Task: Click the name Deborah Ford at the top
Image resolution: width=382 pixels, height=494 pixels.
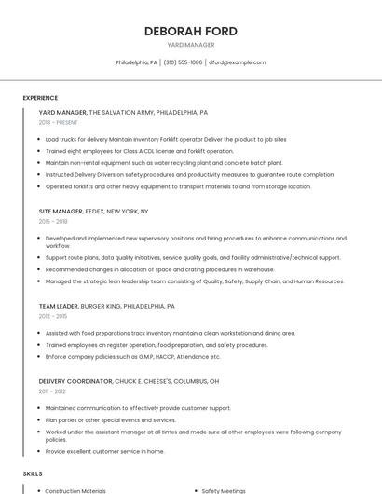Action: [190, 31]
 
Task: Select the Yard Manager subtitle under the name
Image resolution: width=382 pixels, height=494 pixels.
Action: [190, 45]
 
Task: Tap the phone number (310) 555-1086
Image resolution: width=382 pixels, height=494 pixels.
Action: [184, 62]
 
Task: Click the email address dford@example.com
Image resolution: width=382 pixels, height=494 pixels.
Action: [237, 62]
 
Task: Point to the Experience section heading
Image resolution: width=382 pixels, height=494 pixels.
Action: [40, 98]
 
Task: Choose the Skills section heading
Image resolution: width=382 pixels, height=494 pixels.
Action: [33, 474]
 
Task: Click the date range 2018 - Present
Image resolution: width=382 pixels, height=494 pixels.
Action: [59, 122]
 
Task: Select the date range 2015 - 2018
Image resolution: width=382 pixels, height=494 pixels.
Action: [53, 221]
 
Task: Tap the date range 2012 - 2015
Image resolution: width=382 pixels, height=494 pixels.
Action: [53, 316]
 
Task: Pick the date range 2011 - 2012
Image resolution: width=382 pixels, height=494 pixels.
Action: [52, 391]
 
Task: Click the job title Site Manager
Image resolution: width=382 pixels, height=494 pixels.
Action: [61, 211]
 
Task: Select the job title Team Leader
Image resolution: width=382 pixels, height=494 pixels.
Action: [59, 306]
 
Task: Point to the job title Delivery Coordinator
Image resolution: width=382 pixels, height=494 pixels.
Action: [75, 381]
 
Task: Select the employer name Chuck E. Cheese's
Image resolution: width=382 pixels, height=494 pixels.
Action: [148, 381]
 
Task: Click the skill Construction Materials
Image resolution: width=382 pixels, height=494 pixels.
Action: [75, 490]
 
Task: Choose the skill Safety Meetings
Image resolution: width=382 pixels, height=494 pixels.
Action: [225, 490]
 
